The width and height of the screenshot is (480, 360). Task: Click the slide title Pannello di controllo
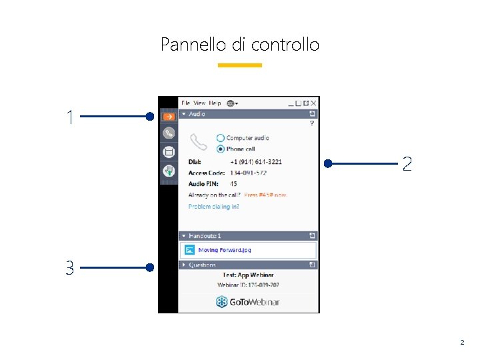click(240, 45)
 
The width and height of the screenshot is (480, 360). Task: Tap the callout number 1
click(70, 117)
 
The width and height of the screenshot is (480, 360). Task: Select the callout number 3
click(69, 268)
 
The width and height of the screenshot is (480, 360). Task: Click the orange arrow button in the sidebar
click(169, 117)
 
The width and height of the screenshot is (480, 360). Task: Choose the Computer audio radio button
click(221, 138)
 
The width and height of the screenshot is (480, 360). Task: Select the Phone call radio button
click(221, 149)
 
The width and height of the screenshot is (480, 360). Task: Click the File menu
click(186, 103)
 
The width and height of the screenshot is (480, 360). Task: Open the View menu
click(199, 103)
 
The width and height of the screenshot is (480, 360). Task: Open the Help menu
click(215, 103)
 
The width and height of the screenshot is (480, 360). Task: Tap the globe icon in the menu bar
click(231, 103)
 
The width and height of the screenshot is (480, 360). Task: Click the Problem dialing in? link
click(213, 207)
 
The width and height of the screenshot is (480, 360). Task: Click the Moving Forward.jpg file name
click(225, 250)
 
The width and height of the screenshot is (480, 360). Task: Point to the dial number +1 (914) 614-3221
click(255, 161)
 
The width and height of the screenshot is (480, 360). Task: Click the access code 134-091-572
click(248, 173)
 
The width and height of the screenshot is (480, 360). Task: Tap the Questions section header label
click(202, 265)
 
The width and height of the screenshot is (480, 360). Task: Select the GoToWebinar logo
click(247, 302)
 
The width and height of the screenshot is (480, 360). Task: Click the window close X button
click(313, 103)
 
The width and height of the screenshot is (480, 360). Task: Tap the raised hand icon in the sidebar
click(169, 171)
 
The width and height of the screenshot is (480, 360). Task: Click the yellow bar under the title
click(240, 65)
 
